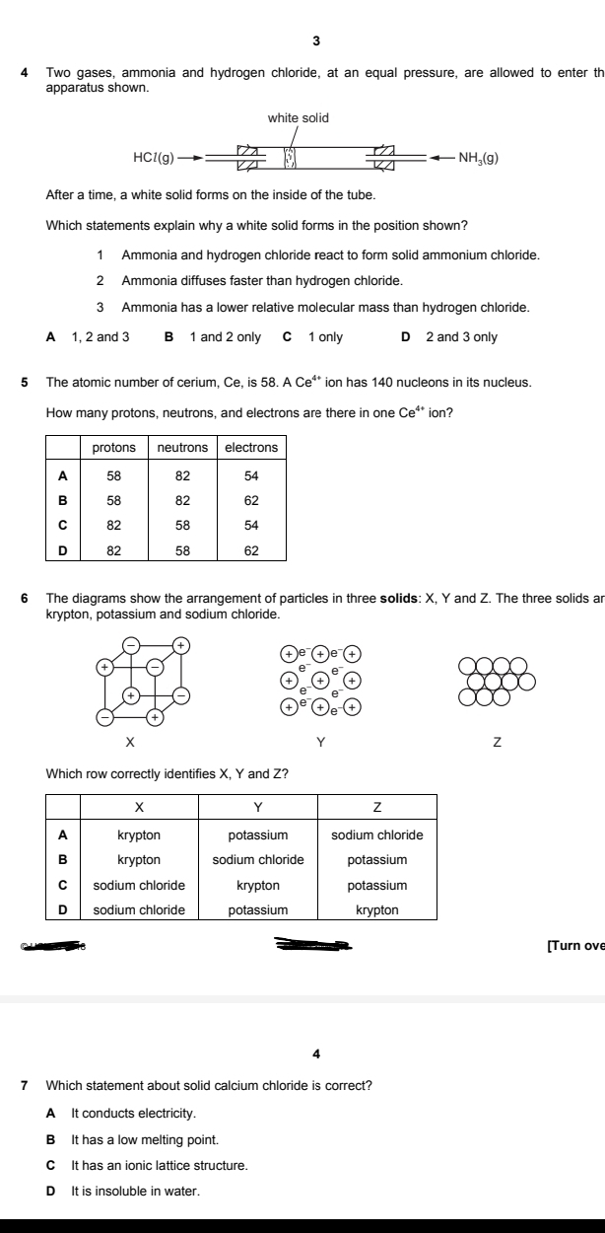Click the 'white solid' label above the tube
pyautogui.click(x=299, y=118)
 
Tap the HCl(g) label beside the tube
pyautogui.click(x=154, y=157)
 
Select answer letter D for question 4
pyautogui.click(x=406, y=337)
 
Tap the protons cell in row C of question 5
pyautogui.click(x=113, y=523)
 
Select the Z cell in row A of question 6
pyautogui.click(x=376, y=834)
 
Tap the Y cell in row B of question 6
pyautogui.click(x=257, y=860)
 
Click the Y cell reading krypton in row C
pyautogui.click(x=257, y=885)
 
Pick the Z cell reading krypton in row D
pyautogui.click(x=376, y=909)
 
